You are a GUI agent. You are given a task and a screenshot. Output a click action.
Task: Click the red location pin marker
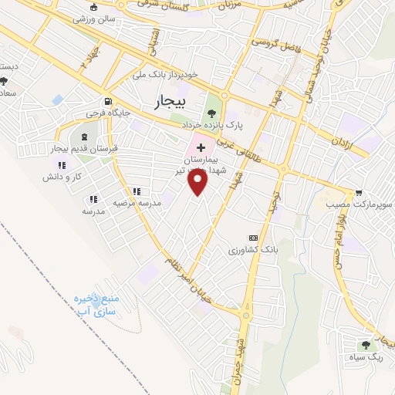tap(198, 182)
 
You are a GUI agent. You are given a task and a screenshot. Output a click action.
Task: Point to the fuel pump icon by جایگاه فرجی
tap(108, 101)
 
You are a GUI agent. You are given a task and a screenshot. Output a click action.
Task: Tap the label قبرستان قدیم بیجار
tap(82, 147)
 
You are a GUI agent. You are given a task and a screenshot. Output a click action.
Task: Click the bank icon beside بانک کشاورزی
tap(252, 238)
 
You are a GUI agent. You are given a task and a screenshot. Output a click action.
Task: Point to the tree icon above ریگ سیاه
tap(364, 345)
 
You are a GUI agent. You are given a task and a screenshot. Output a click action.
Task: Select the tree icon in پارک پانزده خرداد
tap(211, 112)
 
